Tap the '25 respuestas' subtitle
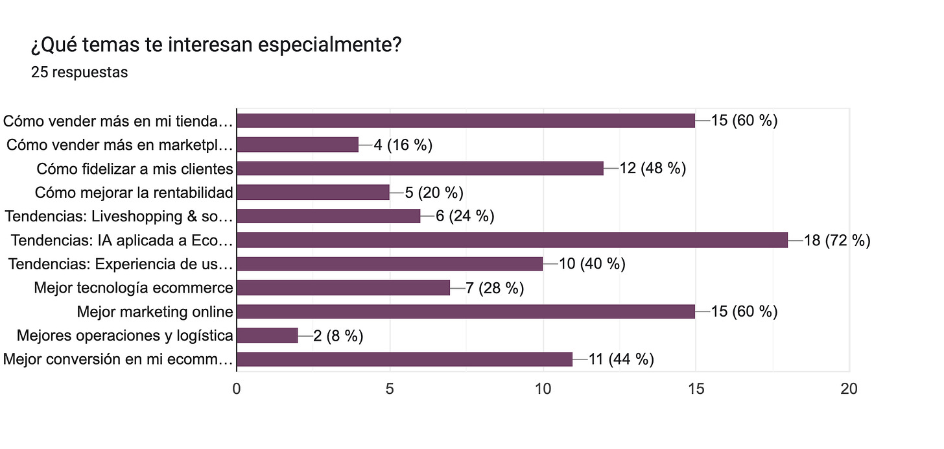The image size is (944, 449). (79, 72)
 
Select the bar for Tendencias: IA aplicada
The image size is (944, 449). (512, 240)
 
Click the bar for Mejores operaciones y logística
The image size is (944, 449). (267, 335)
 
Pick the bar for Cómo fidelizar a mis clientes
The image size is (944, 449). (420, 169)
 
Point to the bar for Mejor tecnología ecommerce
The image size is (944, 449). (344, 287)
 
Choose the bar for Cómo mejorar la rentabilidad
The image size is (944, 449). (313, 192)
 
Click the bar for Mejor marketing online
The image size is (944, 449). (466, 311)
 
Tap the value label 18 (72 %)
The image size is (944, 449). (836, 241)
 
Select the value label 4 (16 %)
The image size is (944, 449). (403, 145)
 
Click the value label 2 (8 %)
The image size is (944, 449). (338, 335)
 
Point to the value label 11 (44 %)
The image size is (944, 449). (621, 359)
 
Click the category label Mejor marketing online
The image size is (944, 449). (155, 311)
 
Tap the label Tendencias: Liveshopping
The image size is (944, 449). (118, 216)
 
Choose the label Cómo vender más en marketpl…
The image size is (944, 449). (119, 145)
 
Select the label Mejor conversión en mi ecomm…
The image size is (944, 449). (118, 359)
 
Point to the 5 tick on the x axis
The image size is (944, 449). (390, 389)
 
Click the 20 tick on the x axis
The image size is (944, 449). (849, 389)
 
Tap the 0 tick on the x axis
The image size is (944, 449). (237, 389)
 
